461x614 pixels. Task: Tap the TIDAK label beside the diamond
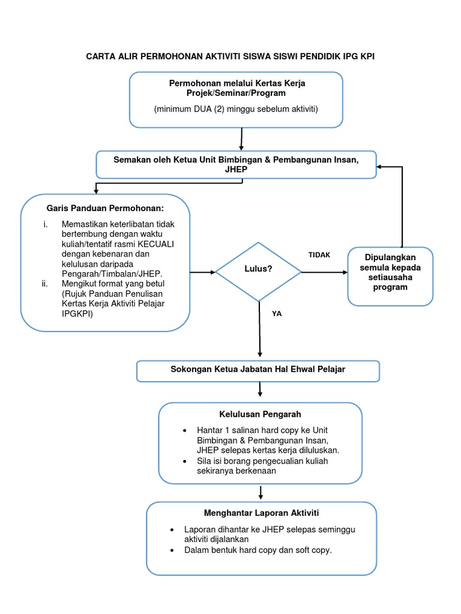(319, 255)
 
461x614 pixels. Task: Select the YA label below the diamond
(277, 313)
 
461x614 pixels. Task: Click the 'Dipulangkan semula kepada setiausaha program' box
(390, 276)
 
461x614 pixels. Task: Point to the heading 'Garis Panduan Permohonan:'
(105, 208)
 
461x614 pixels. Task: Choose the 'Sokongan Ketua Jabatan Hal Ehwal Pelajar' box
(258, 371)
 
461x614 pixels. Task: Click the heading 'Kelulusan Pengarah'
(260, 414)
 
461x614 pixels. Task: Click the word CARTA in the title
(103, 56)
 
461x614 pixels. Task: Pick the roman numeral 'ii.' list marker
(45, 284)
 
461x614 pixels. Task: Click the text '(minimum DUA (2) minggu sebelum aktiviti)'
(235, 109)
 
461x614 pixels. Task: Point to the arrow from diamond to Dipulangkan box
(324, 272)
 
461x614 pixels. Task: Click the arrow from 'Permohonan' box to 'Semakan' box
(241, 139)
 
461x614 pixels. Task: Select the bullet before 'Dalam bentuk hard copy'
(172, 550)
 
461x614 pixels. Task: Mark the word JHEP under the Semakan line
(235, 169)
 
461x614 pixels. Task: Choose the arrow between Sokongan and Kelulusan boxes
(260, 390)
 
